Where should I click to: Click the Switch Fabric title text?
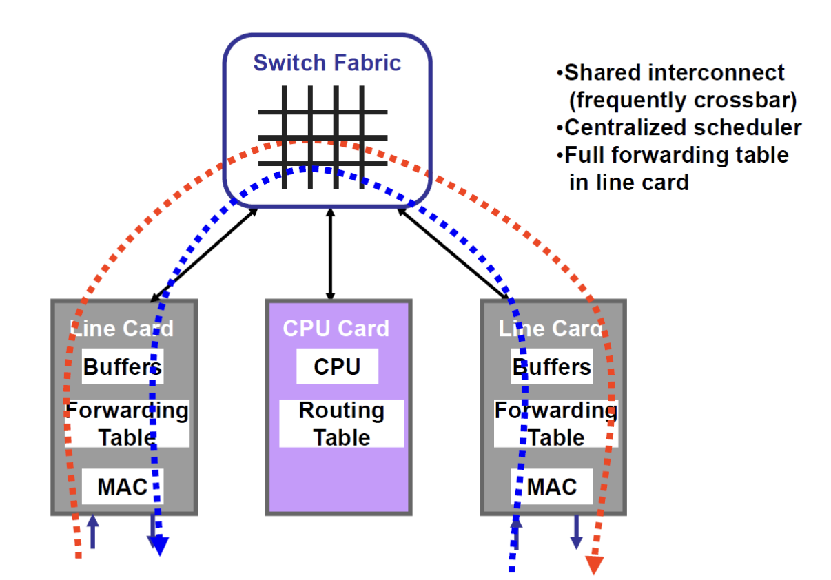click(327, 63)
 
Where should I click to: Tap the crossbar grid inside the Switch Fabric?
click(322, 137)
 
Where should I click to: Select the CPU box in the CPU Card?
click(337, 366)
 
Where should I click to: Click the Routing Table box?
click(341, 424)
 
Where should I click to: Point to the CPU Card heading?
click(336, 329)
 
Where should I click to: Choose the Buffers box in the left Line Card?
click(123, 366)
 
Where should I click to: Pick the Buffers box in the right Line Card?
click(551, 366)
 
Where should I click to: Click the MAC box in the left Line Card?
click(122, 486)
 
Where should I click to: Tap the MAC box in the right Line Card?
click(551, 486)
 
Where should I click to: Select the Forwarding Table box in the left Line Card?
click(127, 424)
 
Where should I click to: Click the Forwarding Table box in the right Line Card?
click(555, 424)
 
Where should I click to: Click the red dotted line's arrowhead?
click(595, 564)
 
